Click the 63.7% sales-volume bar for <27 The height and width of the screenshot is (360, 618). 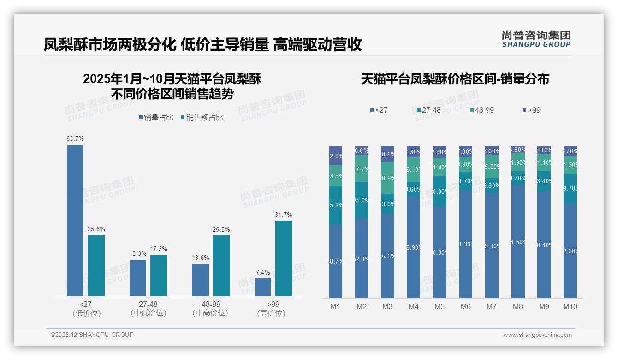pos(75,220)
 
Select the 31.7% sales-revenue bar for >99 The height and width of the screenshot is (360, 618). pos(283,258)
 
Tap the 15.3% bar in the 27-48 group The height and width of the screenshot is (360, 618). pos(137,277)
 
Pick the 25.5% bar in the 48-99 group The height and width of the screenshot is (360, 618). pos(221,265)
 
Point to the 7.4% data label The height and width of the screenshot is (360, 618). pos(262,273)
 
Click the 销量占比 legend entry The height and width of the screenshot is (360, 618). pos(156,118)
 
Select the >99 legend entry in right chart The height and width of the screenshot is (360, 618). pos(531,110)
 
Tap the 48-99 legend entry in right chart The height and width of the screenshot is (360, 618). pos(481,110)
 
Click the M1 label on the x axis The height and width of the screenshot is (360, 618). pos(335,306)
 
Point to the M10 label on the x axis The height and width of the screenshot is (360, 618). pos(570,306)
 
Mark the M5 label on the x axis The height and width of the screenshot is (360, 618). pos(440,306)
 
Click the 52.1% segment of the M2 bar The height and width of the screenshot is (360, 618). pos(362,258)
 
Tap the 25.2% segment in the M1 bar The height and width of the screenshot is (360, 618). pos(335,205)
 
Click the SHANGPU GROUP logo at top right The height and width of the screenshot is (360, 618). pos(536,39)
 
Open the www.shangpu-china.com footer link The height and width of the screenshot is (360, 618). pos(537,335)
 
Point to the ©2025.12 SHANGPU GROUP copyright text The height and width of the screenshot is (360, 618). pos(92,335)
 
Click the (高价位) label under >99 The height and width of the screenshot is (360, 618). pos(271,313)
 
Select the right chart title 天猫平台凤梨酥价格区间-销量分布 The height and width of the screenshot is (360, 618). pos(455,79)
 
